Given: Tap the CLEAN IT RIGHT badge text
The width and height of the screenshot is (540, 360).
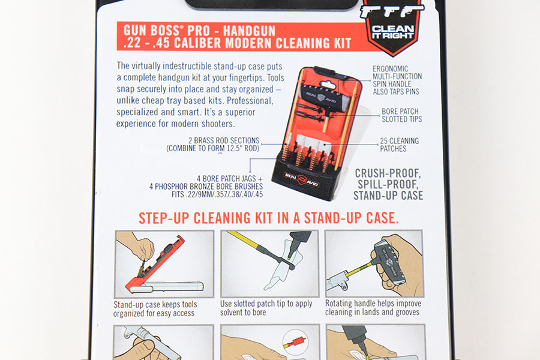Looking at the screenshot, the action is [x=392, y=32].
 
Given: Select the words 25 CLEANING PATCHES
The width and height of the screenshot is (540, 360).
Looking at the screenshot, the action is [x=399, y=145].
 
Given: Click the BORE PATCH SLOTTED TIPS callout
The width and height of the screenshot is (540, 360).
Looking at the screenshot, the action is [x=401, y=115].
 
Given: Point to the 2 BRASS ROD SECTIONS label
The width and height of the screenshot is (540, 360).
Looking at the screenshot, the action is [x=224, y=140].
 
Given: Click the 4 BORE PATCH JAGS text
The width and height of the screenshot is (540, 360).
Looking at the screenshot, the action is [x=229, y=178].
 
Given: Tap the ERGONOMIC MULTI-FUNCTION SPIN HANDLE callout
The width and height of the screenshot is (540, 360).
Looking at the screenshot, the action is [x=397, y=80].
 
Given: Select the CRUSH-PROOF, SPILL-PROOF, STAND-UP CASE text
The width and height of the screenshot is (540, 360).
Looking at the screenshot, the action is [x=388, y=184].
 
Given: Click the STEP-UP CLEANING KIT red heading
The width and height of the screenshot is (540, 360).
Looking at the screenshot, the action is [x=269, y=218].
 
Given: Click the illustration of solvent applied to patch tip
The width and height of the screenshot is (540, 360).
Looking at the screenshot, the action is [x=269, y=263].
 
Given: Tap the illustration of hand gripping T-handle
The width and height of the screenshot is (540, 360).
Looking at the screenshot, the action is [x=374, y=263].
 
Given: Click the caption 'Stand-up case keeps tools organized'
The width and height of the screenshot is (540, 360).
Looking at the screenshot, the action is [x=155, y=308].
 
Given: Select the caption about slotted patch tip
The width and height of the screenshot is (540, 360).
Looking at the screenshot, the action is [x=266, y=308].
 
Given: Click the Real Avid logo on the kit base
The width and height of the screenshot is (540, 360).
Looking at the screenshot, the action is [x=301, y=179].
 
